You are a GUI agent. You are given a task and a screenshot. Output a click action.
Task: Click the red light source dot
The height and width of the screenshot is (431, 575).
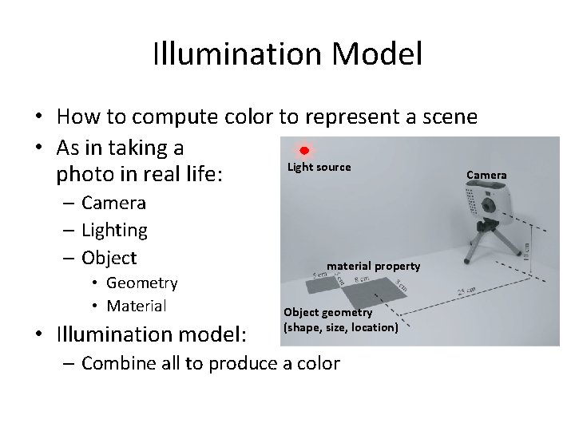[304, 151]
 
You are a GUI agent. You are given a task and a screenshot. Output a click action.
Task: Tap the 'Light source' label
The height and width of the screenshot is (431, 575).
[319, 167]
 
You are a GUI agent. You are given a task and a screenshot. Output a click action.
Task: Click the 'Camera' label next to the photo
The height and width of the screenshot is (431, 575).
[486, 175]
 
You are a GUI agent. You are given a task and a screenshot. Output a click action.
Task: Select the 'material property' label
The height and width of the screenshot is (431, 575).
[373, 265]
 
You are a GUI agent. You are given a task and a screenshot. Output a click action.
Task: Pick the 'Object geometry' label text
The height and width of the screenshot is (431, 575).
[328, 312]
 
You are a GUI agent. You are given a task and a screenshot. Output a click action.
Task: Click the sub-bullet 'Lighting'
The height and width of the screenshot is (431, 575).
[114, 230]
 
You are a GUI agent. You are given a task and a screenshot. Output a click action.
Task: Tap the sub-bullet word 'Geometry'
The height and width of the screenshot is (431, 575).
[141, 283]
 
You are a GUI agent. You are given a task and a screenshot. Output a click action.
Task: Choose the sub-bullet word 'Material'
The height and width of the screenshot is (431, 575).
[136, 306]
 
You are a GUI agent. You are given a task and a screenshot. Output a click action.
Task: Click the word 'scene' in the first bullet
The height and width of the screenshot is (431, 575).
[446, 117]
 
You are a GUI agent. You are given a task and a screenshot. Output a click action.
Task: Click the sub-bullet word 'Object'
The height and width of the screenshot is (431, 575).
[109, 258]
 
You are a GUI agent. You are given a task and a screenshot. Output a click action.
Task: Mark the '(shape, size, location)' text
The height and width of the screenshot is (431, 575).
[340, 327]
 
